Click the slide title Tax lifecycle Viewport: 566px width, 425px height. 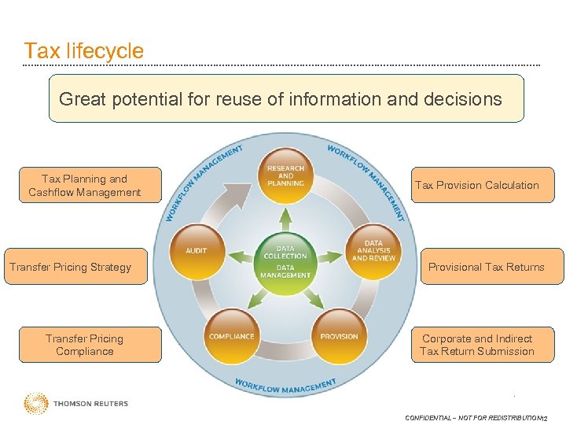pyautogui.click(x=83, y=51)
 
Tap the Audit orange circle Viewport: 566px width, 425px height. pyautogui.click(x=197, y=251)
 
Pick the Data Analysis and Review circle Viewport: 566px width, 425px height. pyautogui.click(x=373, y=251)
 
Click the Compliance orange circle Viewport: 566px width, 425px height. pyautogui.click(x=231, y=336)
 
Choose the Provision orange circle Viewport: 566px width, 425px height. pyautogui.click(x=339, y=336)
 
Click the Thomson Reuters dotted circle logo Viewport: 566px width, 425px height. pyautogui.click(x=35, y=404)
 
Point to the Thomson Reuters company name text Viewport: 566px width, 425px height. pyautogui.click(x=90, y=404)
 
